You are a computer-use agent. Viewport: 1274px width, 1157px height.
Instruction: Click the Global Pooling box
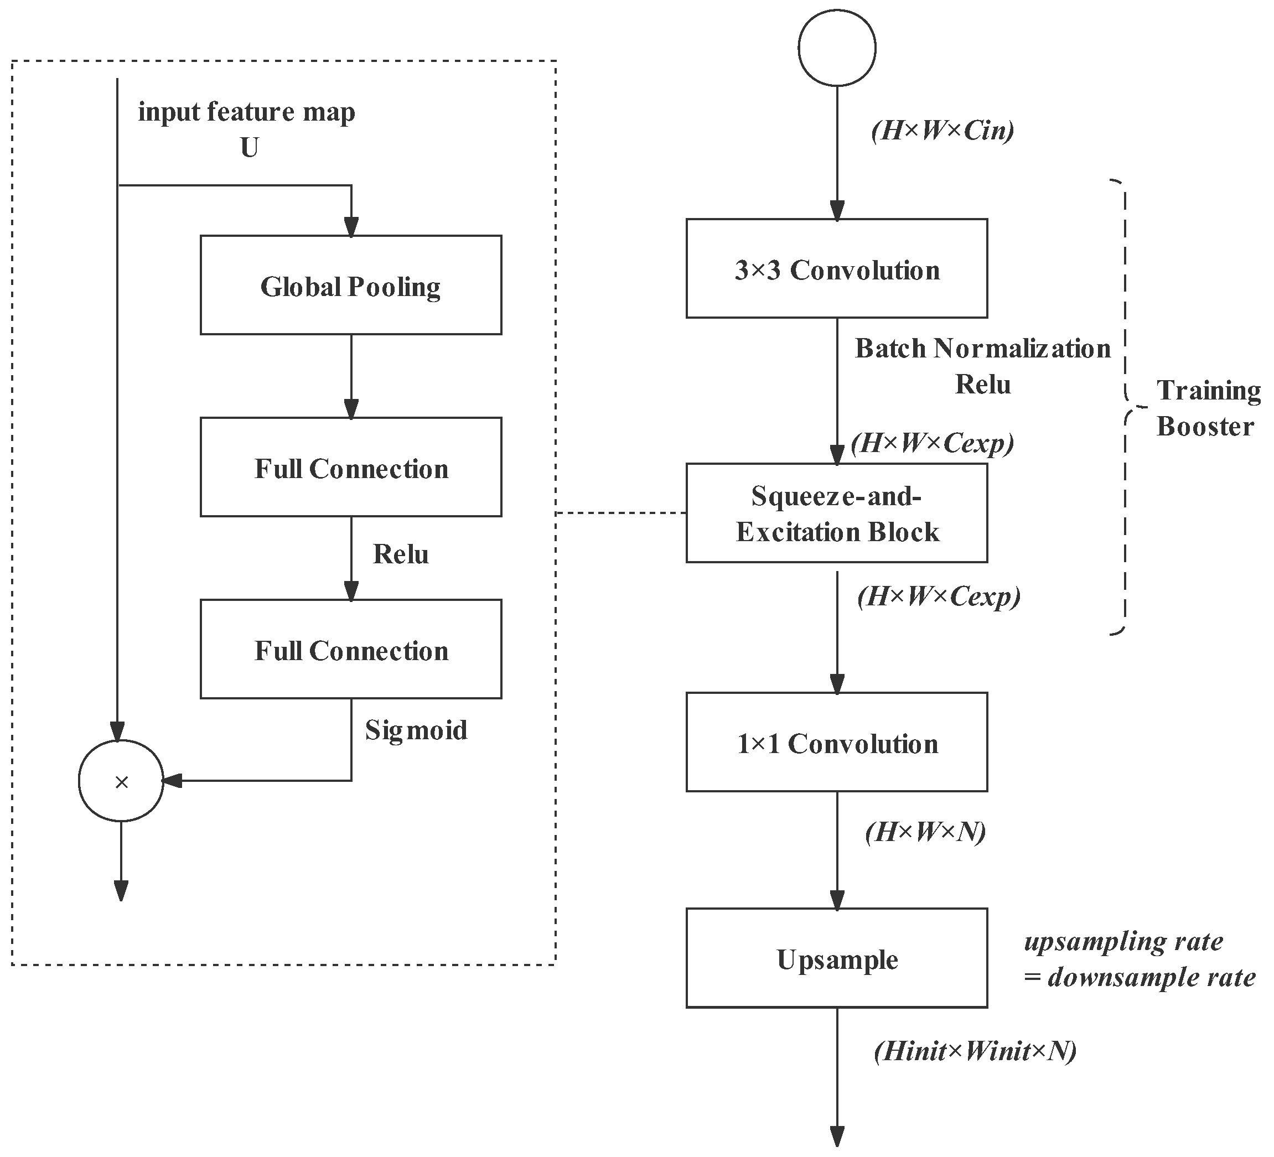pyautogui.click(x=351, y=285)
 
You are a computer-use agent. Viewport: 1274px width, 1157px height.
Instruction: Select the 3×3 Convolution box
pyautogui.click(x=836, y=268)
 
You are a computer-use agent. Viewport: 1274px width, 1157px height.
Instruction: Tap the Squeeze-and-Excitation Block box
pyautogui.click(x=836, y=513)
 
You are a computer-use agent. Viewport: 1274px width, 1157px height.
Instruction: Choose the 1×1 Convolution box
pyautogui.click(x=836, y=742)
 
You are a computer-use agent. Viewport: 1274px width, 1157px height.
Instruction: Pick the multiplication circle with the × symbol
pyautogui.click(x=121, y=781)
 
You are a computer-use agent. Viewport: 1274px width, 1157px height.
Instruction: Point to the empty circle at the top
pyautogui.click(x=836, y=48)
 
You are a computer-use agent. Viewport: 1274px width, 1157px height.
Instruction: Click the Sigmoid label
pyautogui.click(x=416, y=730)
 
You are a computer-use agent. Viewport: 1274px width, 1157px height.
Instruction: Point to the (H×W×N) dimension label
pyautogui.click(x=925, y=832)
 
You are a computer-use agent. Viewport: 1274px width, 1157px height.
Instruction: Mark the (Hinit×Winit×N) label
pyautogui.click(x=975, y=1051)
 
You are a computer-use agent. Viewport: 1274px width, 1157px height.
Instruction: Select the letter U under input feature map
pyautogui.click(x=249, y=148)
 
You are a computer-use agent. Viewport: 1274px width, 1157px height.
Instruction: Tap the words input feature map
pyautogui.click(x=246, y=112)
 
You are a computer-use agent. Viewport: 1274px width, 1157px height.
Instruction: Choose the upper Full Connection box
pyautogui.click(x=351, y=467)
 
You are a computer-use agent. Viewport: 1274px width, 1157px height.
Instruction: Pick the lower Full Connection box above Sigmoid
pyautogui.click(x=351, y=649)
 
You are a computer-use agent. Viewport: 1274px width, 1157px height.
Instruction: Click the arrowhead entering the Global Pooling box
pyautogui.click(x=351, y=227)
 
